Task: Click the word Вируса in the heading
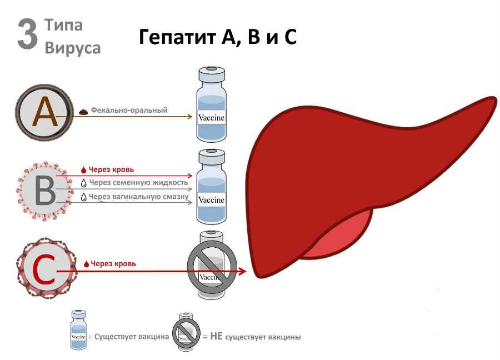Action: click(73, 48)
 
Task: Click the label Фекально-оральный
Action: click(129, 111)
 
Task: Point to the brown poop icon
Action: click(83, 111)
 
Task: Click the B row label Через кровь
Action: click(111, 169)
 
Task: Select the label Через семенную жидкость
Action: click(138, 182)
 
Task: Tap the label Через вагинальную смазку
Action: click(138, 196)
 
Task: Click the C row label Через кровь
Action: click(113, 264)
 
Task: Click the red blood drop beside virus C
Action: click(86, 264)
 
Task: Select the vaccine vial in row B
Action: click(212, 186)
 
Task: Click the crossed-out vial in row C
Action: click(212, 266)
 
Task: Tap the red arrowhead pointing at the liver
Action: click(242, 271)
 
